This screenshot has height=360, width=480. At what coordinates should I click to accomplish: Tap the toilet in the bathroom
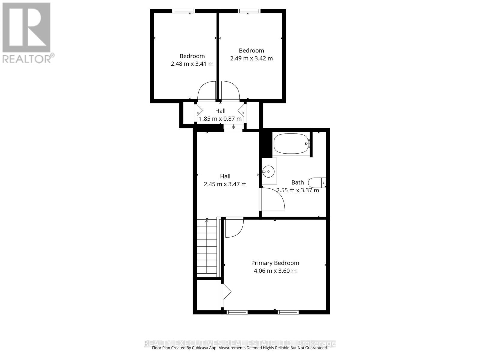click(317, 182)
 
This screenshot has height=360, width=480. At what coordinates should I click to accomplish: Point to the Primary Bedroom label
click(275, 263)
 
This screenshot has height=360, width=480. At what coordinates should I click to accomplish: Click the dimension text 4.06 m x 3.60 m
click(275, 271)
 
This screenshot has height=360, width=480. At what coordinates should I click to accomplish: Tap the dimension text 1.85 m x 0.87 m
click(220, 119)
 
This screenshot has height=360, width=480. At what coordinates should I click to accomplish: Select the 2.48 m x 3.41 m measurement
click(192, 64)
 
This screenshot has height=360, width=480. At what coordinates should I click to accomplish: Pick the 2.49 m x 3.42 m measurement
click(251, 58)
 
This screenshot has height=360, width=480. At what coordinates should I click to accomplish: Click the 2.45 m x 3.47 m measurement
click(225, 184)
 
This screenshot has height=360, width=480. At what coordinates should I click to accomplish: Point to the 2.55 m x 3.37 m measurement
click(298, 190)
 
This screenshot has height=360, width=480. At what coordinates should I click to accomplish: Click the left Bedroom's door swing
click(207, 91)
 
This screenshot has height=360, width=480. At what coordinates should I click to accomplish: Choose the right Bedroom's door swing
click(230, 91)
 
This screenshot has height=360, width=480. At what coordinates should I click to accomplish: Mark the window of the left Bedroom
click(184, 11)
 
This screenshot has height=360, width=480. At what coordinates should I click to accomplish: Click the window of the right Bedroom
click(249, 11)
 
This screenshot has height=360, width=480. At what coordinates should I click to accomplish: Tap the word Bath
click(298, 182)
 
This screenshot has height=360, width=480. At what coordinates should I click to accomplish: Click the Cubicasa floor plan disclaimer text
click(240, 348)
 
